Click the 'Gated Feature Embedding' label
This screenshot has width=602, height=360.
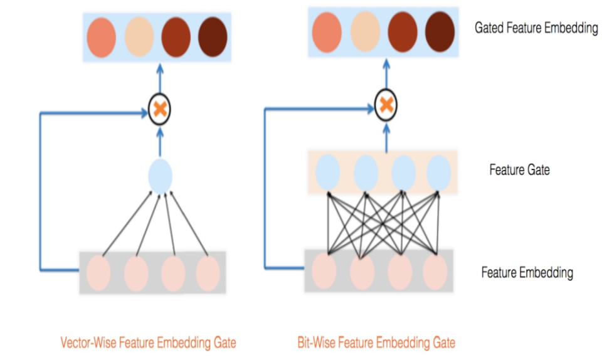coord(536,28)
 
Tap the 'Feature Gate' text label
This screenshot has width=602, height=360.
coord(519,169)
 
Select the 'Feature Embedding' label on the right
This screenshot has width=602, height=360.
coord(527,273)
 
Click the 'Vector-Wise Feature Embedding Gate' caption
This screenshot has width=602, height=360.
coord(148,342)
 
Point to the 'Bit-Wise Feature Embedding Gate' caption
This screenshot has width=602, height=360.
coord(376,342)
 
